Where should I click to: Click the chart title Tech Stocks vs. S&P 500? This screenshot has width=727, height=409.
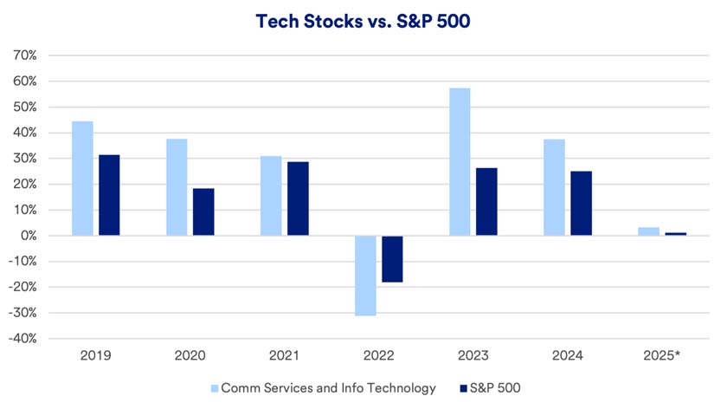coord(363,22)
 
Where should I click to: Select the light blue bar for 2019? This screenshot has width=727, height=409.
coord(82,179)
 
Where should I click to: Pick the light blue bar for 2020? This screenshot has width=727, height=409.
coord(177,187)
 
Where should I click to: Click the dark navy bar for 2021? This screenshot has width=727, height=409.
coord(298,198)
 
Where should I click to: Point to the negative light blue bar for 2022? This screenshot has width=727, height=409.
coord(365,276)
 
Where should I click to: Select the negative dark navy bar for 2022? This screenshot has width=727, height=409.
coord(392,259)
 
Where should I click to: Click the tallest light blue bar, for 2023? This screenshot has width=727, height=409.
coord(460,162)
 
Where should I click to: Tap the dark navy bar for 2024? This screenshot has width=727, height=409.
coord(582,204)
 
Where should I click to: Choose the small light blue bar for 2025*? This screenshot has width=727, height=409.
coord(648,231)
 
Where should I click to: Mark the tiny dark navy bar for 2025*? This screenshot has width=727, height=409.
coord(675,234)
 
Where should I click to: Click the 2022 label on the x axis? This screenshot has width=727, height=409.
coord(379,355)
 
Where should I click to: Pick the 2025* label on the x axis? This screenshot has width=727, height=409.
coord(663,355)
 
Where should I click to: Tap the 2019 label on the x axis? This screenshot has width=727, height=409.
coord(95,355)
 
